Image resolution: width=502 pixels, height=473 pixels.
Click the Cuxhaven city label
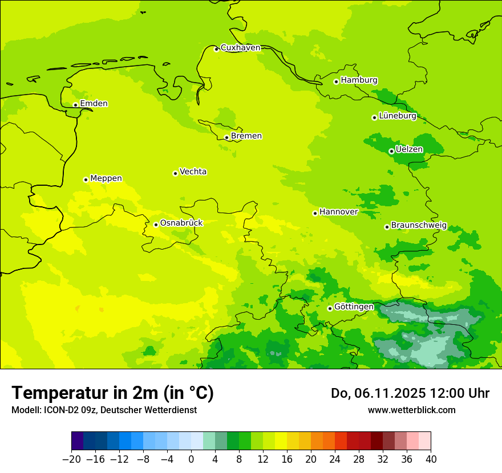point(240,48)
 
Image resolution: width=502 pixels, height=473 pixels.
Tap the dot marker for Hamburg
point(337,81)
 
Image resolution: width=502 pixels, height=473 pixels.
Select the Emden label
point(94,104)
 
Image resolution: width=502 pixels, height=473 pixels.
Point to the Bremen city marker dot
point(226,137)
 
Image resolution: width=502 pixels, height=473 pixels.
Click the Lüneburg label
point(398,116)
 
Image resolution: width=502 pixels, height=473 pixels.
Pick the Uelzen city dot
point(391,151)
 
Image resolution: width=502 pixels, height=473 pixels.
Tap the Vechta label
point(193,172)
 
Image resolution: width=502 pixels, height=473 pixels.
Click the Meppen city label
point(106,178)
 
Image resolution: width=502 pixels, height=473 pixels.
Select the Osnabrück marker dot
point(156,225)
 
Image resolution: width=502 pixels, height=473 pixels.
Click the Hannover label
point(338,212)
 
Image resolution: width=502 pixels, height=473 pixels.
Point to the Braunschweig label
point(419,226)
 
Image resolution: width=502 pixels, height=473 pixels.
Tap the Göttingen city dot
point(330,308)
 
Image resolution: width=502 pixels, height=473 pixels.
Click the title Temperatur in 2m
point(112,393)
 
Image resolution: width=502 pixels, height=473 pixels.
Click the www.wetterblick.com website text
point(411,410)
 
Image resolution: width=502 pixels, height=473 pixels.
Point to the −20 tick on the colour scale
point(71,459)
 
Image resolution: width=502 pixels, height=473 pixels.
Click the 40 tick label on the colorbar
point(431,459)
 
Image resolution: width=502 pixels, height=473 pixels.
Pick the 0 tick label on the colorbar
point(191,459)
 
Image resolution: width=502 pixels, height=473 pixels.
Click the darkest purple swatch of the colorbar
point(78,442)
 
